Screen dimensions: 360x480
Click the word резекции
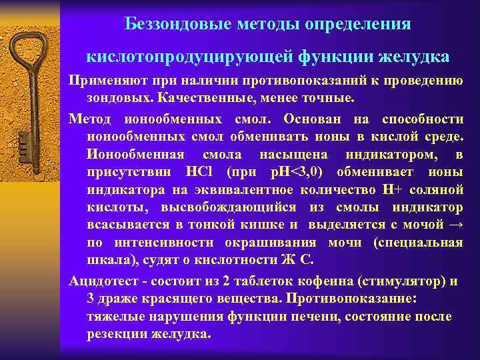[116, 334]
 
